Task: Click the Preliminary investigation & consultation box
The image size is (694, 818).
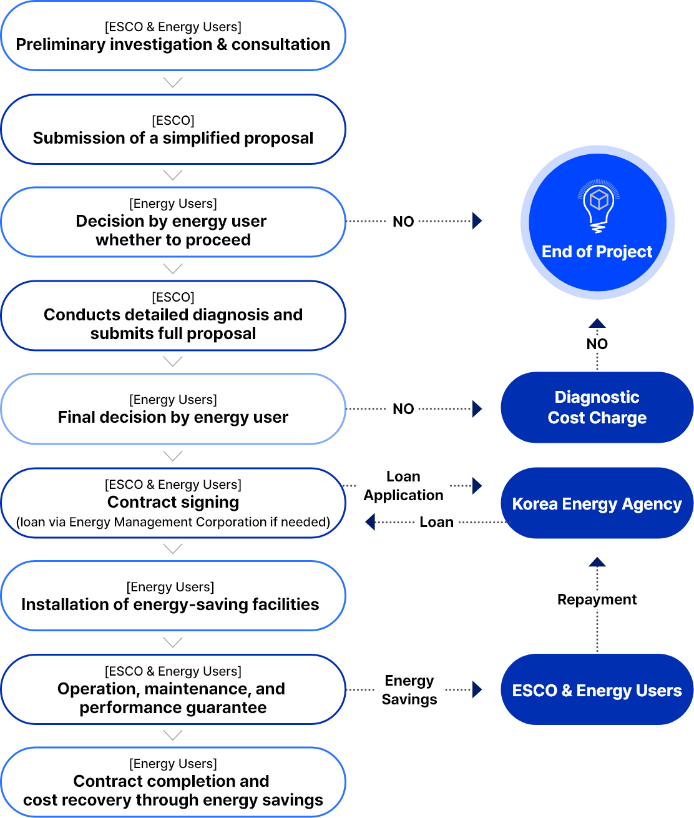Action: tap(173, 36)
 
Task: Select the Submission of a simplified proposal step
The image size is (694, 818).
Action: tap(173, 129)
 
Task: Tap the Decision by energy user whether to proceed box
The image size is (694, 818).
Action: tap(173, 222)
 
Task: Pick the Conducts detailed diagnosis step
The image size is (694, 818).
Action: tap(173, 315)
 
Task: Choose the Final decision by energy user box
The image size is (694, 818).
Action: tap(173, 409)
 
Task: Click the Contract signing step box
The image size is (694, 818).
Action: tap(173, 503)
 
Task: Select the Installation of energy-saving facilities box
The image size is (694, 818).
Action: tap(173, 596)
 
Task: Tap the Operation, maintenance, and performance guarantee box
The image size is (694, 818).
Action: tap(173, 689)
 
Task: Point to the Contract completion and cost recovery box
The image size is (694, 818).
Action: tap(173, 782)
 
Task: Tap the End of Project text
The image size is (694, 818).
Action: tap(597, 252)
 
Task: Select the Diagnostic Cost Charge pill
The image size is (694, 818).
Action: tap(597, 407)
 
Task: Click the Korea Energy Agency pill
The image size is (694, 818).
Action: tap(597, 503)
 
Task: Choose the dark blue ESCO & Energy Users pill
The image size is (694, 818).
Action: tap(597, 690)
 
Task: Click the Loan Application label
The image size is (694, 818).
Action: tap(403, 486)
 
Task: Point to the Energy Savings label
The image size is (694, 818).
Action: tap(409, 689)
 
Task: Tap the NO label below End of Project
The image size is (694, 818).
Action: tap(597, 344)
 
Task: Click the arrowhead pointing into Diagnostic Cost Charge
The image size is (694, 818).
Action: tap(477, 409)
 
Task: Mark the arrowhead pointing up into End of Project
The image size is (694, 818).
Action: tap(597, 323)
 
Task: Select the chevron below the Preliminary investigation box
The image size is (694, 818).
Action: tap(173, 82)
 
